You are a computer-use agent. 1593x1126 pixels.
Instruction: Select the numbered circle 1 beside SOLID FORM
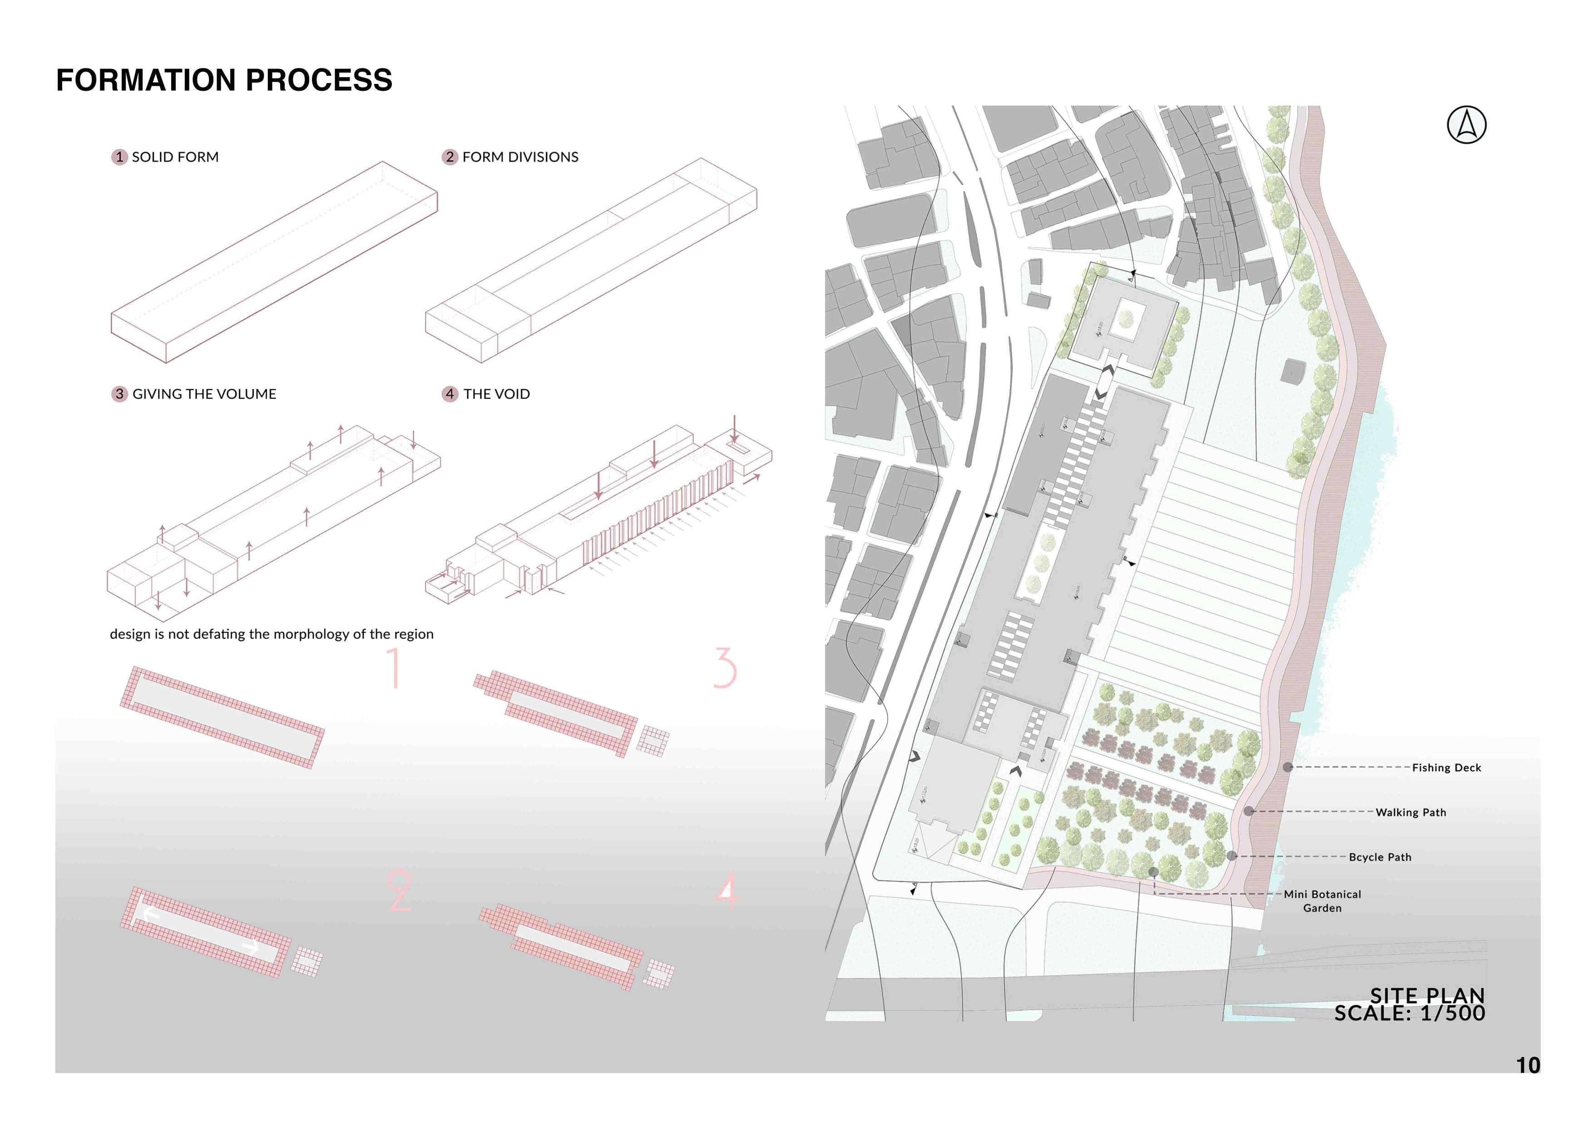(x=119, y=157)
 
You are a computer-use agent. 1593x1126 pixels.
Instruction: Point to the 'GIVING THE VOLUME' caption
(x=204, y=394)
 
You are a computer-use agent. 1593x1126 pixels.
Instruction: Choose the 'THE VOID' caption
(x=496, y=394)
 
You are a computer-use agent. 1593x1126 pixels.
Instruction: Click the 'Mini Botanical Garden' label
(x=1322, y=900)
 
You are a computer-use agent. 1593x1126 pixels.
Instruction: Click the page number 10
(x=1528, y=1065)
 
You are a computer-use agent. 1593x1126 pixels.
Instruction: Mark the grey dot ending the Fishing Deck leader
(x=1288, y=767)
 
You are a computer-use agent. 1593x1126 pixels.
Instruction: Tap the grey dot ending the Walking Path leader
(x=1249, y=811)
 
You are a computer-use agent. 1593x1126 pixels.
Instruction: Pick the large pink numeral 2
(x=400, y=891)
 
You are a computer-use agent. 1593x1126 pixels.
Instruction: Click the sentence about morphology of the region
(x=271, y=634)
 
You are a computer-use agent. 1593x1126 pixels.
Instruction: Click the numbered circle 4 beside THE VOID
(x=450, y=394)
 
